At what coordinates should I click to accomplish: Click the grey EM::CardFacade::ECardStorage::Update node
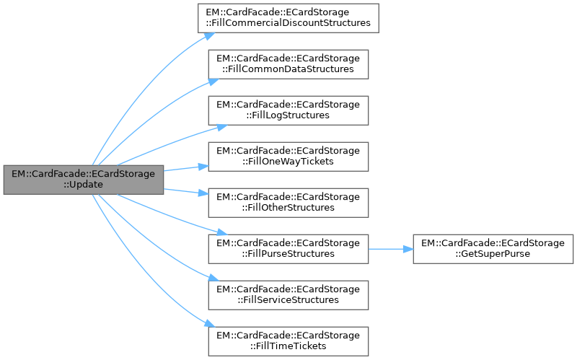click(84, 180)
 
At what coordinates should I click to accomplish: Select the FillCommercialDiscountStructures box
click(289, 17)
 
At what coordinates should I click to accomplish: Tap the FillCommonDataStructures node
click(289, 63)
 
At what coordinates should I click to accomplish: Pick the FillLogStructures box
click(289, 110)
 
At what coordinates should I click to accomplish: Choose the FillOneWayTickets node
click(289, 156)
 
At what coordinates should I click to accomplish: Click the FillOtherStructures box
click(289, 202)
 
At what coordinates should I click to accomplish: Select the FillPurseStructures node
click(289, 248)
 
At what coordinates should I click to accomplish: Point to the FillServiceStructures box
click(289, 294)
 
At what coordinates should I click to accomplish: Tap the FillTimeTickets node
click(289, 341)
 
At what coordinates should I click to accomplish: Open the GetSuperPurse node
click(493, 248)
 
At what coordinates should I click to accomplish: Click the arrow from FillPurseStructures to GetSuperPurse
click(389, 248)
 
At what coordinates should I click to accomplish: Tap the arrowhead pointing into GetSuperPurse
click(408, 248)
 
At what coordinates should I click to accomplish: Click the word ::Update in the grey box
click(84, 185)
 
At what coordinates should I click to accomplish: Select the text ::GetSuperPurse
click(493, 254)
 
